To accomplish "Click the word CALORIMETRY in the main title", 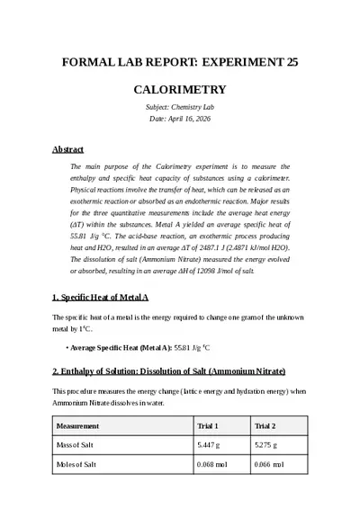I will click(179, 90).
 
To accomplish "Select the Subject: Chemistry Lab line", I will click(179, 107).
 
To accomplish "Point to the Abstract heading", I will click(67, 149).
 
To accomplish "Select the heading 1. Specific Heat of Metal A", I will click(100, 297).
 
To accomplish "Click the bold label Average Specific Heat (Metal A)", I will click(120, 346).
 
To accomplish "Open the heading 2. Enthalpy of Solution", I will click(168, 371).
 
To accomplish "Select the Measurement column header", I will click(77, 425).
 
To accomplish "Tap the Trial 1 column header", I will click(208, 425).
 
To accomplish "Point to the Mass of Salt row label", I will click(76, 445).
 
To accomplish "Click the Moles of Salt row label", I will click(76, 465).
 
